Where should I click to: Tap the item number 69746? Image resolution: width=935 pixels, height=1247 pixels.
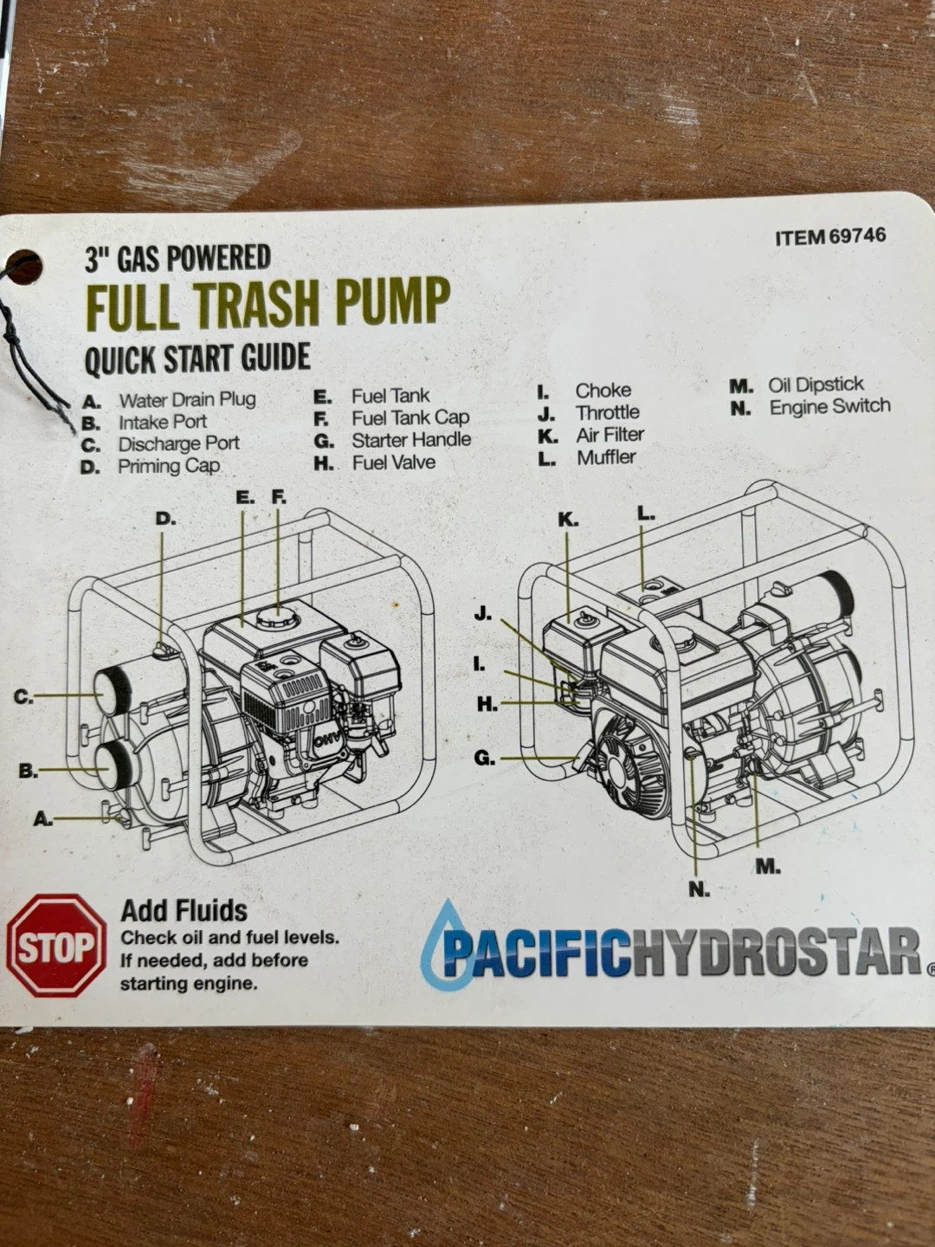(x=857, y=236)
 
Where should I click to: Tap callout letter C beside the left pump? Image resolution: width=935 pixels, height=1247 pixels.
(x=23, y=698)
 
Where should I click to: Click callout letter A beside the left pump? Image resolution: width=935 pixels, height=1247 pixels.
(x=43, y=818)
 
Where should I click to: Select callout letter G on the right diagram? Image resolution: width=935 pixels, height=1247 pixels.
(x=484, y=759)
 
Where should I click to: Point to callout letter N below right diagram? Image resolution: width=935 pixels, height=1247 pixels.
(x=700, y=890)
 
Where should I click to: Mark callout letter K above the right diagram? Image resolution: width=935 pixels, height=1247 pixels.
(x=568, y=520)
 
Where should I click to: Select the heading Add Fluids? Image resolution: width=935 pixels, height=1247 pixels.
(x=184, y=911)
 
